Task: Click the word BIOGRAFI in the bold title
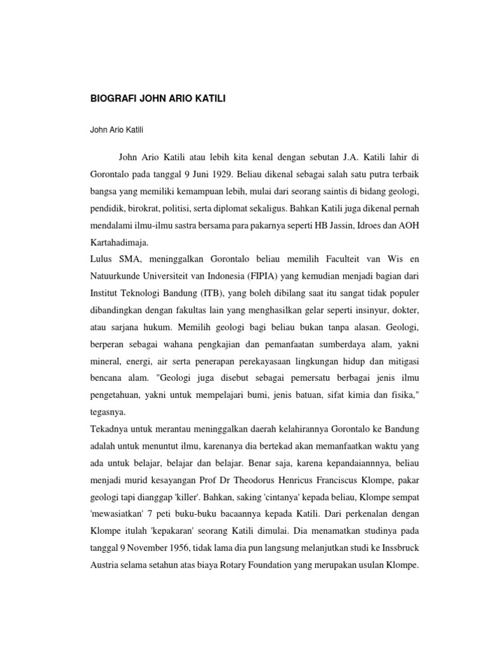tap(111, 99)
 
